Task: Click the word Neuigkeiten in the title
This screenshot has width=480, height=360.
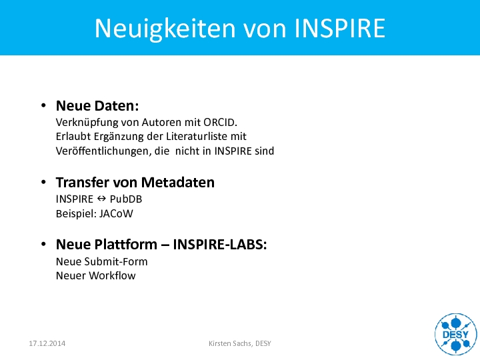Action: pyautogui.click(x=165, y=29)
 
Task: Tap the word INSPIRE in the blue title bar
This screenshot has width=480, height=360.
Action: pyautogui.click(x=340, y=28)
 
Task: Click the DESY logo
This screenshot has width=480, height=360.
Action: pyautogui.click(x=456, y=334)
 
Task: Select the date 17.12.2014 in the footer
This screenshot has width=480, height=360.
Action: pyautogui.click(x=47, y=343)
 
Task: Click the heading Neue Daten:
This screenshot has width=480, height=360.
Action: pyautogui.click(x=97, y=105)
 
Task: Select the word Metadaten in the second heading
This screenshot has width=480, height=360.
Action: pyautogui.click(x=178, y=183)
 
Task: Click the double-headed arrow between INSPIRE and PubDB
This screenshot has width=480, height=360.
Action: pyautogui.click(x=101, y=199)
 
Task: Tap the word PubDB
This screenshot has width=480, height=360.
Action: pyautogui.click(x=126, y=199)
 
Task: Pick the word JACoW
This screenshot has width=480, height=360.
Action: pyautogui.click(x=116, y=214)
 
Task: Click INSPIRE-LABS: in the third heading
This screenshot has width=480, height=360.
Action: pyautogui.click(x=220, y=244)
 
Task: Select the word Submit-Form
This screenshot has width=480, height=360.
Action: pyautogui.click(x=116, y=261)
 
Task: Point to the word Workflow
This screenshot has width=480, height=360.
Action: pyautogui.click(x=112, y=275)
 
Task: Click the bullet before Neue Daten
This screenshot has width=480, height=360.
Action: pyautogui.click(x=43, y=105)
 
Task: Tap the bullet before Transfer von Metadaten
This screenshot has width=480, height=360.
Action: pyautogui.click(x=43, y=182)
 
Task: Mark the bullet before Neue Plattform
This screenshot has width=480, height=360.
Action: pyautogui.click(x=43, y=244)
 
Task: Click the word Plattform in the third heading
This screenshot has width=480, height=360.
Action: pyautogui.click(x=126, y=244)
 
